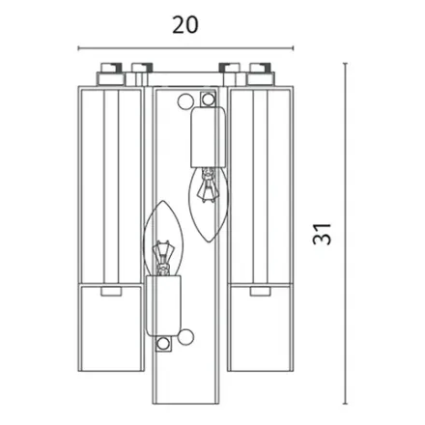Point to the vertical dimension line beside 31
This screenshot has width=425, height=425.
[x=347, y=232]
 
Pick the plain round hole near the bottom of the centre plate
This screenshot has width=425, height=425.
[x=186, y=337]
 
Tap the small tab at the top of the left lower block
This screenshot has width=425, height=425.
[x=107, y=288]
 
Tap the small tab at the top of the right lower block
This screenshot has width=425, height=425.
[x=258, y=288]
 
